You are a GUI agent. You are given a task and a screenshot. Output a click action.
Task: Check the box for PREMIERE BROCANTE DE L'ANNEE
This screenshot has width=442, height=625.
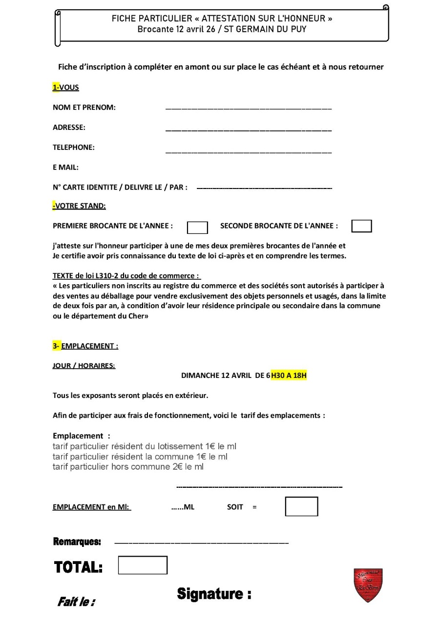[x=197, y=228]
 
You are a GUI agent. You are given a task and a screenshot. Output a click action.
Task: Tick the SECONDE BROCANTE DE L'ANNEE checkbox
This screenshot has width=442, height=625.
[x=361, y=226]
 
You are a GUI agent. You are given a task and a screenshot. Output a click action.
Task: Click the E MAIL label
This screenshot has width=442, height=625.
[x=65, y=167]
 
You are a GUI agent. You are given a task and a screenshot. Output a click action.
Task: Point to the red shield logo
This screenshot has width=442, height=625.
[x=368, y=585]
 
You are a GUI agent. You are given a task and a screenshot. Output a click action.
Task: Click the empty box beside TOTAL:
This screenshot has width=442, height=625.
[x=143, y=565]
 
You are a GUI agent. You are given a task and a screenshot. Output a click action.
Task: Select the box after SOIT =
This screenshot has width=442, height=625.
[x=301, y=506]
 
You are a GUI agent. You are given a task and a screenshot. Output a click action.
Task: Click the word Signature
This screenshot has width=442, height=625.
[x=214, y=594]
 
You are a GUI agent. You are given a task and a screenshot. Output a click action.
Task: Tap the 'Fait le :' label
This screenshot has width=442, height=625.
[x=76, y=602]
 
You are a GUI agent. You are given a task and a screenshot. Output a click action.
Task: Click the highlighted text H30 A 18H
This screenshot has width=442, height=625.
[x=289, y=375]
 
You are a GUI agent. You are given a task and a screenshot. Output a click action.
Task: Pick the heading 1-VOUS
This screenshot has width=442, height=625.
[x=66, y=87]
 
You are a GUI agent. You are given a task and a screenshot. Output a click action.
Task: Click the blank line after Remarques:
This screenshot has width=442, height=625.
[x=201, y=543]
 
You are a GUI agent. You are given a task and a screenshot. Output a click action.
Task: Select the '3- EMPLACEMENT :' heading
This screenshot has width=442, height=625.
[x=85, y=346]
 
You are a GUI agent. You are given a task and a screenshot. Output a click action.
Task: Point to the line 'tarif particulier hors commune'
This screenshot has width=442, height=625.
[x=128, y=467]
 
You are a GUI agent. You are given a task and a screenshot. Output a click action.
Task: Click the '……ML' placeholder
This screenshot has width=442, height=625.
[x=183, y=507]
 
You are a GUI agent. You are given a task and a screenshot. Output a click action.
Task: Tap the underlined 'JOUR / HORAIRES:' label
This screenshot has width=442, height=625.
[x=84, y=366]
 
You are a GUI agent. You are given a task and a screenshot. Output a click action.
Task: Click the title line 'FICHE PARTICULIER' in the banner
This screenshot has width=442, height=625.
[x=222, y=19]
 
